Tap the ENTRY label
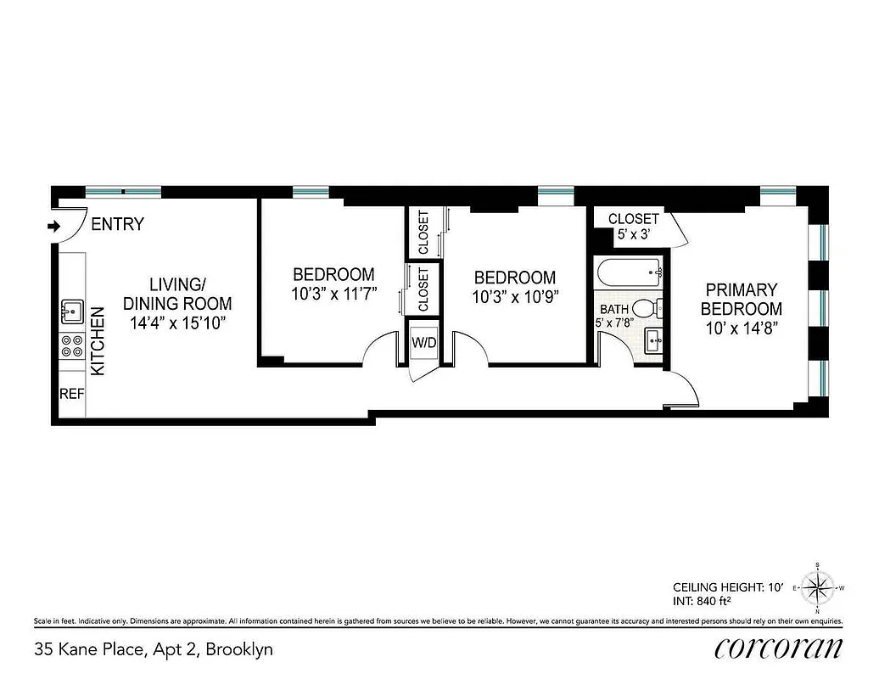click(x=117, y=225)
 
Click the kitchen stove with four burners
click(x=70, y=346)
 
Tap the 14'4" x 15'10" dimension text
click(x=177, y=323)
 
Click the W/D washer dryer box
click(x=423, y=343)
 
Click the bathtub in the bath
click(x=630, y=273)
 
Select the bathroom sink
click(x=653, y=343)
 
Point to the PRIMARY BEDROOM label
click(x=741, y=299)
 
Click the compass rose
click(x=817, y=587)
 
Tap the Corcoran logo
click(x=778, y=648)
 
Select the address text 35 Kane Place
click(x=153, y=650)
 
